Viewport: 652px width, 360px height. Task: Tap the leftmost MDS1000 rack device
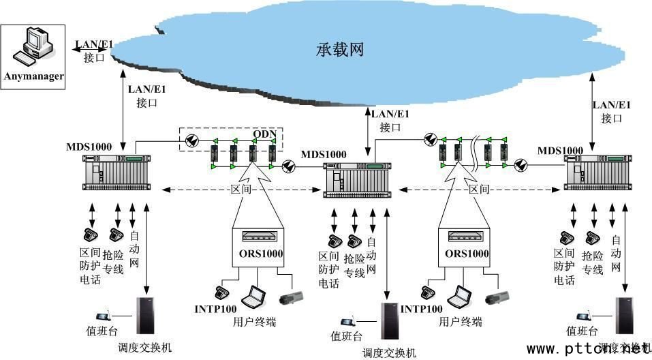116,172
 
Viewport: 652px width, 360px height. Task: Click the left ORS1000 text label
258,254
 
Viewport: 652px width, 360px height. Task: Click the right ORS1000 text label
466,254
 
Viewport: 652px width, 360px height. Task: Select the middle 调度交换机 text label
389,352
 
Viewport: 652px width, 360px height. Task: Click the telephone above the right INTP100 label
428,292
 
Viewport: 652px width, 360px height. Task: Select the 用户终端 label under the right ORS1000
461,321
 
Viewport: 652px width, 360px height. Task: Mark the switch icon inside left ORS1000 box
258,237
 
